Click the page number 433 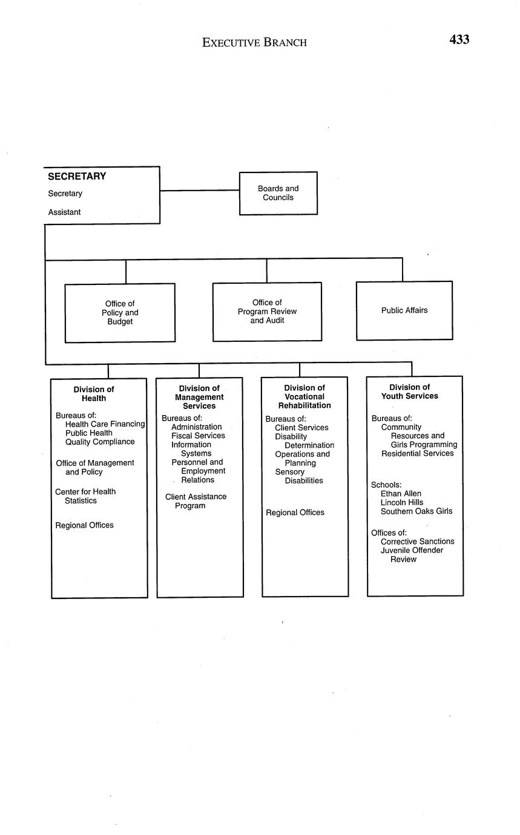point(459,40)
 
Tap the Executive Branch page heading point(254,42)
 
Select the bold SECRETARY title point(77,177)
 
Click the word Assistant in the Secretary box point(64,212)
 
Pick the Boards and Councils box point(278,193)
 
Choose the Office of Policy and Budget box point(120,313)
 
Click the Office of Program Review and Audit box point(267,312)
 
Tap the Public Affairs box point(404,310)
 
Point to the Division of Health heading point(94,394)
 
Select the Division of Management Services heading point(199,397)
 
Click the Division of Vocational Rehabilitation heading point(304,396)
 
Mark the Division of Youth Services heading point(409,391)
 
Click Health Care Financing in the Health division point(105,424)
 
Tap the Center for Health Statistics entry point(85,496)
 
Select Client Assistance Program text point(196,501)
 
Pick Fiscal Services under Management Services point(198,436)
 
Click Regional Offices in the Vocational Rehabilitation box point(295,512)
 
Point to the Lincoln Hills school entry point(401,502)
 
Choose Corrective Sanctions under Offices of point(417,542)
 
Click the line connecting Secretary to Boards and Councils point(200,191)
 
